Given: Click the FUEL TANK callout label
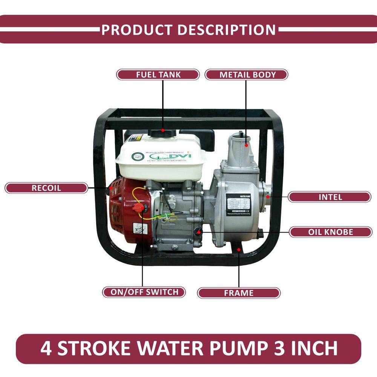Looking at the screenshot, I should [158, 75].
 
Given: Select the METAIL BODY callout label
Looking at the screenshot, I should [246, 75].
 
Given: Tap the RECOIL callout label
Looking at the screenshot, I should [46, 188].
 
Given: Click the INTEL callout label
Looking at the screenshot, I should [329, 197].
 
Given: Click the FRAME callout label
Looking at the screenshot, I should [239, 293].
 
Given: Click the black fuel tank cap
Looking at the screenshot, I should [162, 133].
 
